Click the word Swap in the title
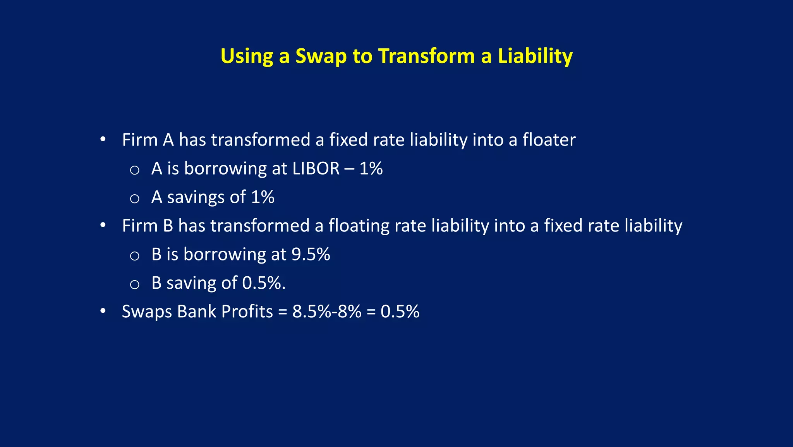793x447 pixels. [x=321, y=56]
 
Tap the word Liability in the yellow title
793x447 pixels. [x=535, y=56]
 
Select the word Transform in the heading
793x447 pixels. [x=426, y=56]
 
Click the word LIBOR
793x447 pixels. [x=316, y=168]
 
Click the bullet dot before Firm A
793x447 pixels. [x=103, y=140]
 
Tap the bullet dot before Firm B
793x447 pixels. [x=103, y=226]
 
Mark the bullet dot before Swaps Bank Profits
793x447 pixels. [x=103, y=312]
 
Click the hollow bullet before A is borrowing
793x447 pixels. [x=134, y=170]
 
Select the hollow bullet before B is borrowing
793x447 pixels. [x=134, y=256]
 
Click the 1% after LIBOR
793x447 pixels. [x=371, y=168]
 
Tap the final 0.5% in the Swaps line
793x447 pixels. [x=400, y=312]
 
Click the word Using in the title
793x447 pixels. [x=246, y=56]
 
